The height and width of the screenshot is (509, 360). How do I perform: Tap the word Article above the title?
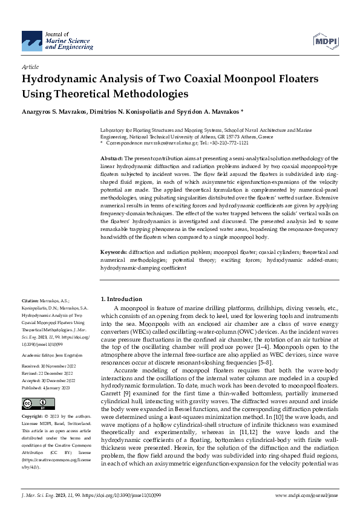pos(30,67)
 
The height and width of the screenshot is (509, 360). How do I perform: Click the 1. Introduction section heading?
pos(122,299)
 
